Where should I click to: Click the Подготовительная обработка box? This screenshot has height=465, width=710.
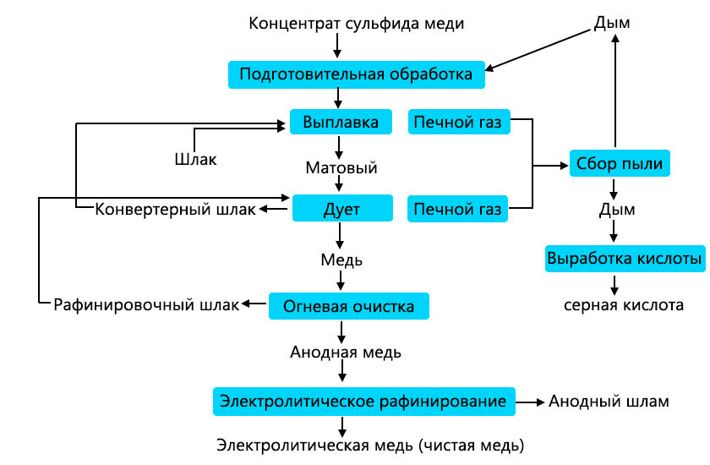(356, 74)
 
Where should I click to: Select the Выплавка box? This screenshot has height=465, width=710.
(341, 122)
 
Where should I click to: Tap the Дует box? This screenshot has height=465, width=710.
(342, 208)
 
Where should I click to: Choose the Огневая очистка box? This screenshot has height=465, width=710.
(348, 305)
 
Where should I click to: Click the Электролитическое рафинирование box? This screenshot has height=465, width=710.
(363, 401)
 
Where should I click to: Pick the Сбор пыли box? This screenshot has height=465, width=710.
(620, 163)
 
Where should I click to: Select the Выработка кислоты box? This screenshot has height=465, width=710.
(625, 258)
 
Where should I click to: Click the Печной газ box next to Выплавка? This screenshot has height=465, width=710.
(459, 123)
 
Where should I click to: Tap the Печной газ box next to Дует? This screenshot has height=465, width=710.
(459, 208)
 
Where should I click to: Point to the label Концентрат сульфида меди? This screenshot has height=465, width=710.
(356, 23)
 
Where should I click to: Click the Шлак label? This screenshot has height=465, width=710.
(195, 158)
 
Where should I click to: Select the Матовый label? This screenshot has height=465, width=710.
(341, 167)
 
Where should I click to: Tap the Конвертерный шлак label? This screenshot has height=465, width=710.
(174, 209)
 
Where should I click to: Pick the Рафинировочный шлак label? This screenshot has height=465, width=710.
(146, 304)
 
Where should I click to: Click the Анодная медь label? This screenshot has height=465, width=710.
(345, 351)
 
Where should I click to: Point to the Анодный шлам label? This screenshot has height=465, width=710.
(609, 401)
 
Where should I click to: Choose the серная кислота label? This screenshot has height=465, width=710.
(624, 304)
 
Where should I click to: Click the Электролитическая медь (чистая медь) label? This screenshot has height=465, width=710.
(370, 444)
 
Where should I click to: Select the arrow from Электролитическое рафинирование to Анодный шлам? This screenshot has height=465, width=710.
(530, 401)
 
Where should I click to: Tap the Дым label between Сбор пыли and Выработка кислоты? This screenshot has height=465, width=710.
(616, 209)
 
